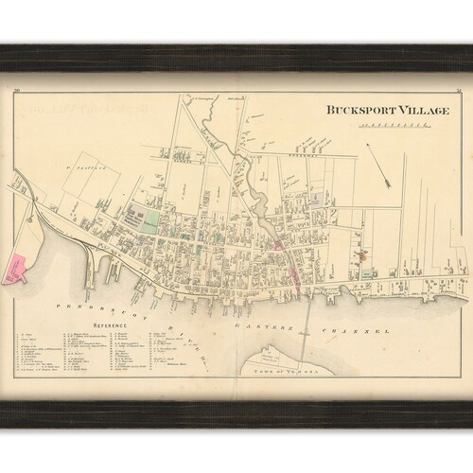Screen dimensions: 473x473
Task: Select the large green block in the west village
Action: point(148,223)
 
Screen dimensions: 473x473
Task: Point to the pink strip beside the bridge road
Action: point(293,271)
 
